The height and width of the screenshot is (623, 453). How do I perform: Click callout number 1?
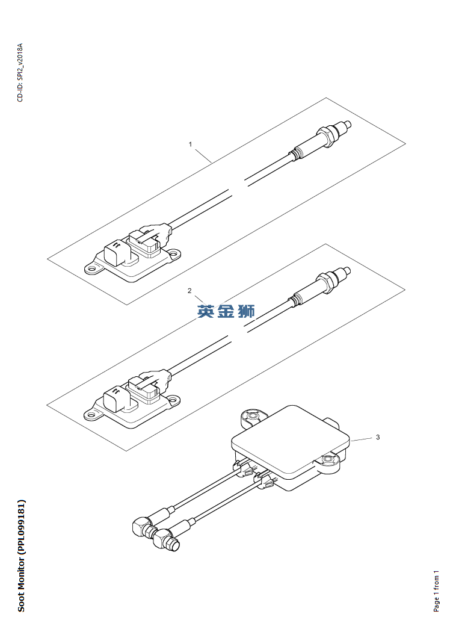point(191,144)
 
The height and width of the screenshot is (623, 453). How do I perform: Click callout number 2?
point(190,291)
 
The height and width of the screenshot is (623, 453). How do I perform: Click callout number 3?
point(378,437)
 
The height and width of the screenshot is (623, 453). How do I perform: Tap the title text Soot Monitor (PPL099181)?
point(22,556)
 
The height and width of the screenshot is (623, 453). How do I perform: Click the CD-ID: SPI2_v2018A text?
point(20,73)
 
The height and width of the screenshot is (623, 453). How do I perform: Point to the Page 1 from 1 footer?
point(436,591)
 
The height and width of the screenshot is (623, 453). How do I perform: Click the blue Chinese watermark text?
point(226,311)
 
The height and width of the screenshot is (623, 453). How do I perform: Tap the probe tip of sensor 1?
point(348,125)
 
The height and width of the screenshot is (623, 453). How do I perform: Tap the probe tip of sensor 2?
point(347,271)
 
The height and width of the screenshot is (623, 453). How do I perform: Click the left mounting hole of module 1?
point(91,269)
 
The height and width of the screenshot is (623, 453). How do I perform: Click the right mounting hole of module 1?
point(173,253)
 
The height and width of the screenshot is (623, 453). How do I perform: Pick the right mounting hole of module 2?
point(173,399)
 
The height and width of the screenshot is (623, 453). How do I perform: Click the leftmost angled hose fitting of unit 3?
point(141,527)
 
